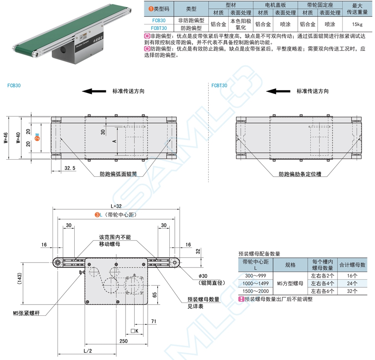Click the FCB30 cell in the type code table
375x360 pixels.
(159, 20)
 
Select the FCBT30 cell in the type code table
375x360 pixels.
(159, 28)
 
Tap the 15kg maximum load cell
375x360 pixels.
(357, 24)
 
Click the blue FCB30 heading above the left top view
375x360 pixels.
(14, 85)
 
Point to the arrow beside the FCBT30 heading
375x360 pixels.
(278, 91)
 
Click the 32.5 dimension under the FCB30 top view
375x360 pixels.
(70, 168)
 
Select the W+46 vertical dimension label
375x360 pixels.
(6, 138)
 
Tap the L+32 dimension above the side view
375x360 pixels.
(116, 206)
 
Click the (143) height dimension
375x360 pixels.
(20, 278)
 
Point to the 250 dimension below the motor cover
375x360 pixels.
(123, 341)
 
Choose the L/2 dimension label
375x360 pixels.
(88, 351)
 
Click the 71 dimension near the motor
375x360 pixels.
(154, 321)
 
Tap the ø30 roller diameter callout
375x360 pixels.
(203, 276)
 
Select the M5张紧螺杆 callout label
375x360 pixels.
(26, 313)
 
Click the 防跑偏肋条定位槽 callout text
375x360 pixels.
(300, 174)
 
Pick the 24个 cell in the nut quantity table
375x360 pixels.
(352, 284)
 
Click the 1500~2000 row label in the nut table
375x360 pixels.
(255, 291)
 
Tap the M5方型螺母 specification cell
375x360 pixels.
(290, 284)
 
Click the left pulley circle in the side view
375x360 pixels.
(58, 263)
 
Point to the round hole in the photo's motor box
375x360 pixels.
(63, 50)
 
